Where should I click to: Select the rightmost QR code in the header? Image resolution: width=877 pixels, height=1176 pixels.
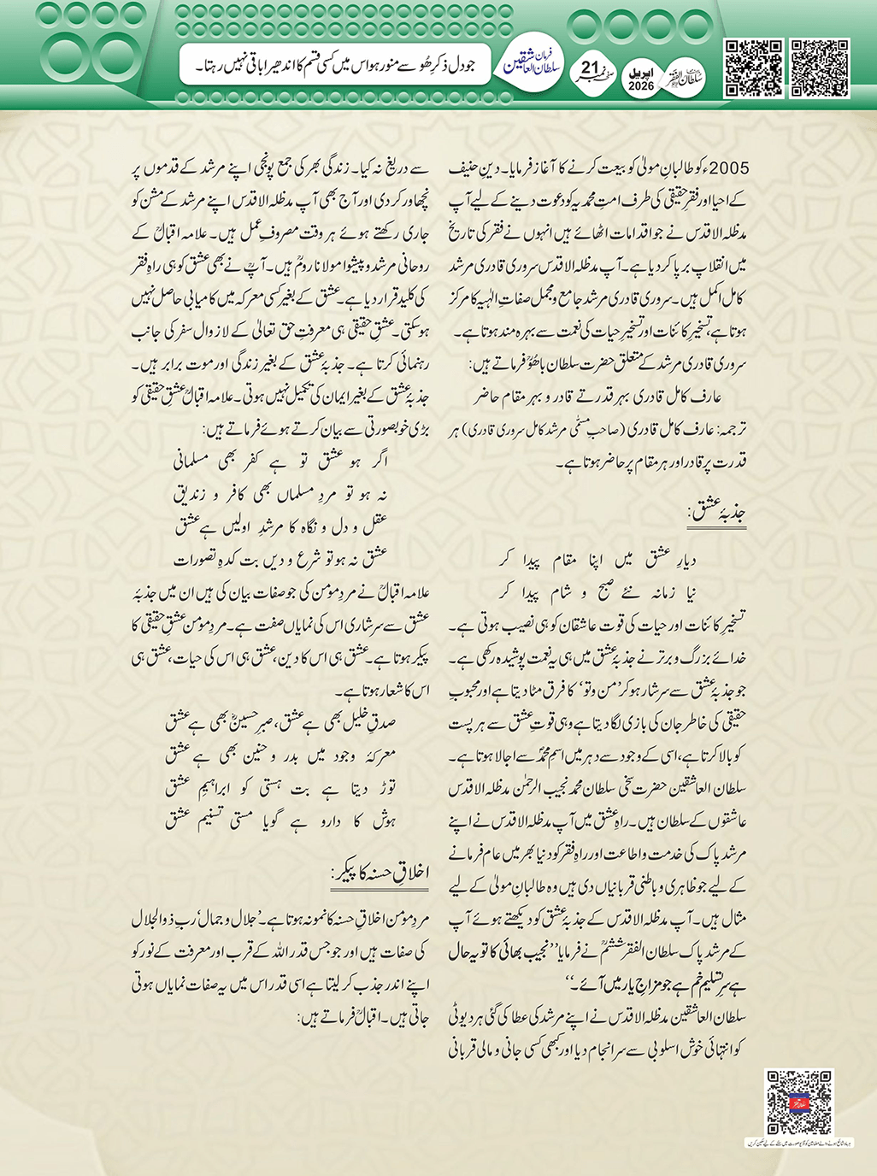point(819,68)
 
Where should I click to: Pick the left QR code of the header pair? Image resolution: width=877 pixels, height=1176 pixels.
point(753,68)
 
